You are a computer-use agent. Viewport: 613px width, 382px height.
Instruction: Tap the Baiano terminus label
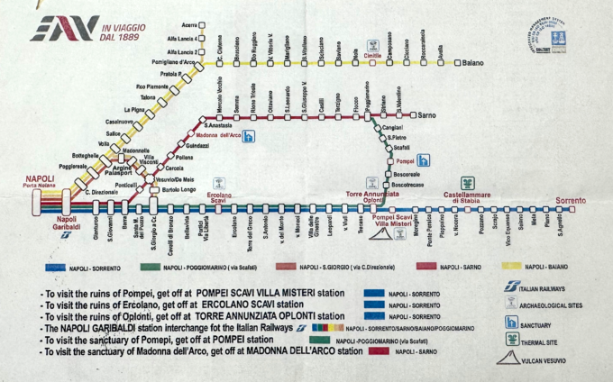(x=474, y=63)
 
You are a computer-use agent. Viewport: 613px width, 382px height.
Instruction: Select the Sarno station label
(x=426, y=116)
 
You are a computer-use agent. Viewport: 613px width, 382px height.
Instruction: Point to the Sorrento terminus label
(x=570, y=199)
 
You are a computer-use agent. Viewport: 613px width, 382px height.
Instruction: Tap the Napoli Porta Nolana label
(x=41, y=183)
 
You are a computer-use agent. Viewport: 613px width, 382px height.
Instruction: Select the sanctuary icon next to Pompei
(x=423, y=159)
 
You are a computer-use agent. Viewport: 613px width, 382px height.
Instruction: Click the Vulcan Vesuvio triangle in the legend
(x=510, y=358)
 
